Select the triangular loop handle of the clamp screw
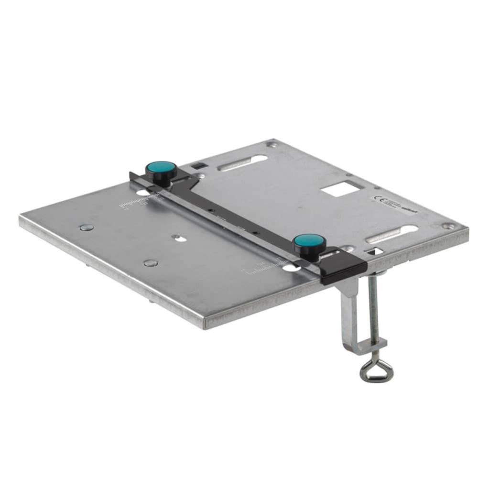(x=377, y=370)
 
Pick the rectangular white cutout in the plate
(x=340, y=188)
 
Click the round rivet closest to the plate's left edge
(x=87, y=227)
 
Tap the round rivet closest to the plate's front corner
(x=151, y=262)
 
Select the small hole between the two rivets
(x=177, y=237)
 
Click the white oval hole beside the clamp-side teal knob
(x=290, y=268)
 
